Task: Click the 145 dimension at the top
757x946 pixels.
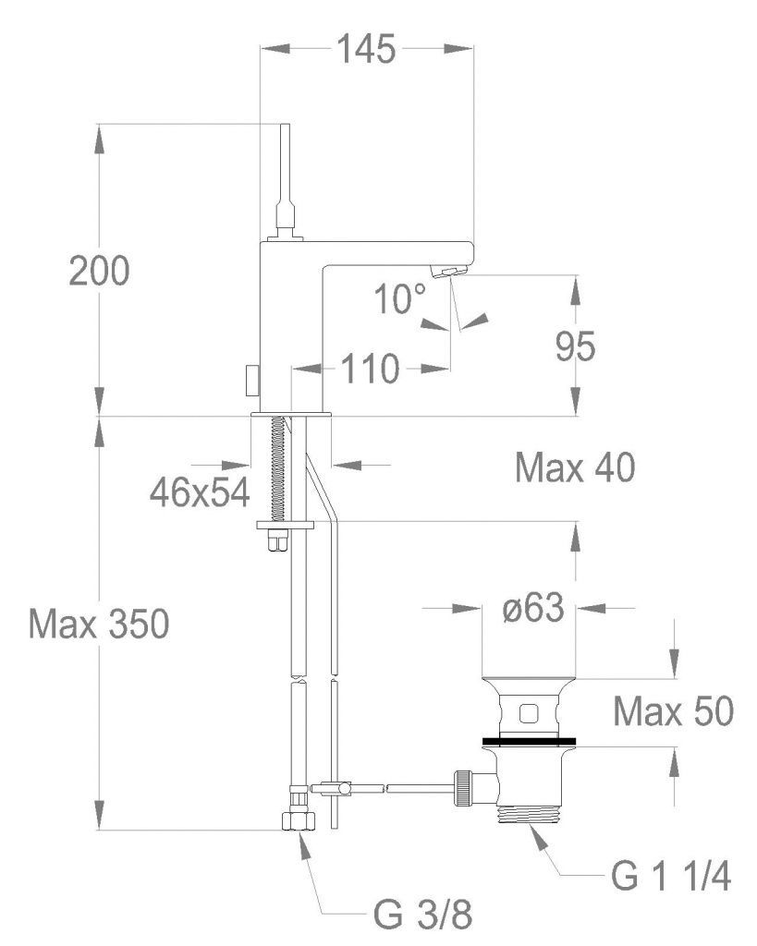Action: pos(366,48)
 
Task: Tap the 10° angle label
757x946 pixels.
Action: pos(400,299)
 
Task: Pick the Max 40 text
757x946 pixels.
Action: pos(575,469)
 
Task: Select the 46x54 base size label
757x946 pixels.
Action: pos(201,492)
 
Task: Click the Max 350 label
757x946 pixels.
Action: pos(98,625)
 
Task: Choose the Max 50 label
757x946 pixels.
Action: pos(674,712)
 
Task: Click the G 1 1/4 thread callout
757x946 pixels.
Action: pos(672,877)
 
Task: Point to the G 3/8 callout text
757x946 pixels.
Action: pos(426,916)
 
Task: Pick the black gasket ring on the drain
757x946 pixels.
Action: pos(529,740)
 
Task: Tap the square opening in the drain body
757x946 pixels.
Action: pos(529,712)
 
